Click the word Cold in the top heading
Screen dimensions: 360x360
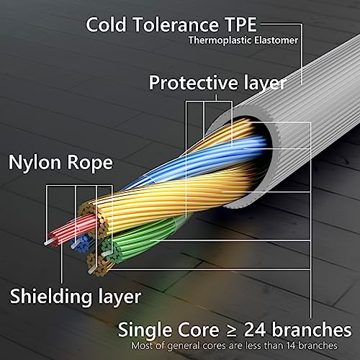[x=106, y=24]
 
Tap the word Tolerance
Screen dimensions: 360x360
[x=176, y=24]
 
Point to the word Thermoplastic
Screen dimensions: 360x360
[x=220, y=40]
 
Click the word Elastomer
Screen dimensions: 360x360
[x=276, y=40]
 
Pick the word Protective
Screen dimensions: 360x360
[x=193, y=83]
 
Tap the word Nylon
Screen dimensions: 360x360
[x=35, y=163]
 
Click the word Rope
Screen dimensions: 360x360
[x=90, y=163]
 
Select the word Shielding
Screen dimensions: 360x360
[x=51, y=297]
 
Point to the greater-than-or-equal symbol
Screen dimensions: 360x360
[x=232, y=330]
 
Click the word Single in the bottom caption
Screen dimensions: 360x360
[x=145, y=330]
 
